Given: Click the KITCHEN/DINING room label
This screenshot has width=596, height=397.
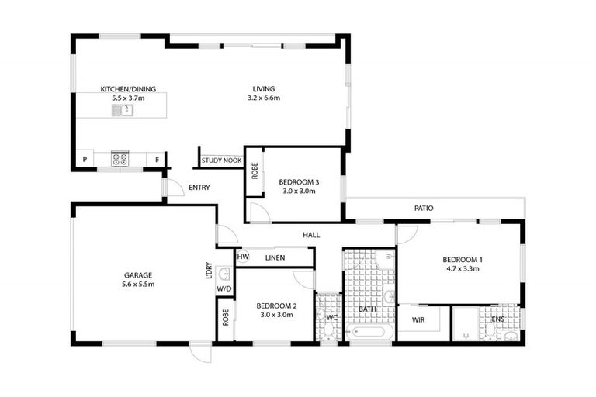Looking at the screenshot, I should pos(123,88).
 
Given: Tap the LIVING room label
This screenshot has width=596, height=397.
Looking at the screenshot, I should pos(263,88).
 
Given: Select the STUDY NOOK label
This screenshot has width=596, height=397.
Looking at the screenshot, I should pos(221,161).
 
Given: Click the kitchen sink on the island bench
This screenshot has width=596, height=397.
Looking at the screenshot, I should pos(122,110).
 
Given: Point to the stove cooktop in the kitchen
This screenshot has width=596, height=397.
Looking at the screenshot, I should pos(120,159).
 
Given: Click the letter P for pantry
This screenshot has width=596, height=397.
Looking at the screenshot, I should pos(84,161).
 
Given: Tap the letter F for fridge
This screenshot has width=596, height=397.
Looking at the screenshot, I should pos(157,161).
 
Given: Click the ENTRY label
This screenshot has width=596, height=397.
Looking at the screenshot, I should pos(199,188).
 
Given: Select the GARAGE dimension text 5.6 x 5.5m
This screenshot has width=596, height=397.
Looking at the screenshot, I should pos(138,285).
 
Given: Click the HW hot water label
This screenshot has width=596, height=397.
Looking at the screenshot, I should pos(243,257).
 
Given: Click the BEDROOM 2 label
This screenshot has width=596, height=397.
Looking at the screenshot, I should pos(277,306).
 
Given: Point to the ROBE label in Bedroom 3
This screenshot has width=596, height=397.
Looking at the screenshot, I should pos(255,170).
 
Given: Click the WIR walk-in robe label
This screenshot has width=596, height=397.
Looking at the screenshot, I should pos(418,319).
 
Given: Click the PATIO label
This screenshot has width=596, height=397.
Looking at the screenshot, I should pos(423,209).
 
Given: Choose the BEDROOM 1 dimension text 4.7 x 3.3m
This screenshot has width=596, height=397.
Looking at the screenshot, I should pos(463,269).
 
